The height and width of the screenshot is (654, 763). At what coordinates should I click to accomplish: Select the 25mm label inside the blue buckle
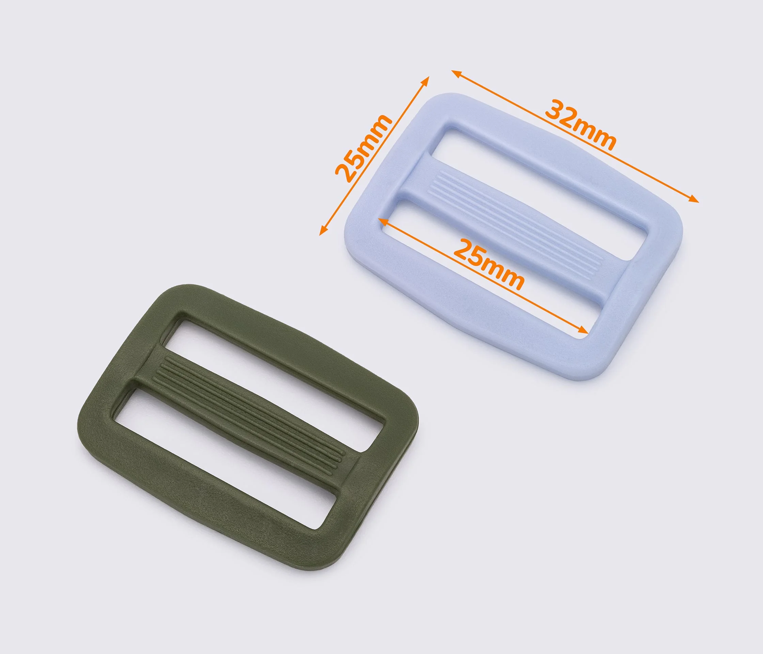[x=489, y=264]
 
